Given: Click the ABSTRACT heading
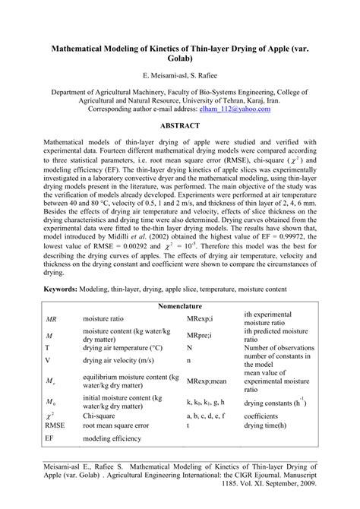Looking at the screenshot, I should point(179,125).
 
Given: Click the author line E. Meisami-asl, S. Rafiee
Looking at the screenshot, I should point(179,76).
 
